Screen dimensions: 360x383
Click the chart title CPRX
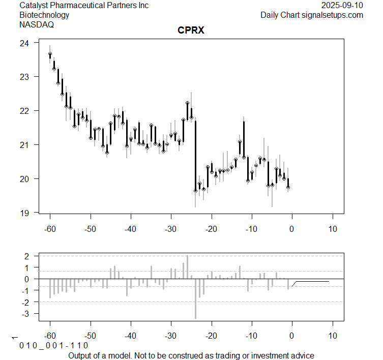coord(191,30)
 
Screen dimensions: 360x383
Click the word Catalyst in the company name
coord(35,6)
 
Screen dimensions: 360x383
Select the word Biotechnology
coord(44,15)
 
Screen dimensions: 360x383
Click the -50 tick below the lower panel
coord(91,336)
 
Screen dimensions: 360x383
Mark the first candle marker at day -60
coord(50,54)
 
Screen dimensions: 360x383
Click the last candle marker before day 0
coord(288,187)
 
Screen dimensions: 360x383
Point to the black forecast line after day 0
coord(313,281)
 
